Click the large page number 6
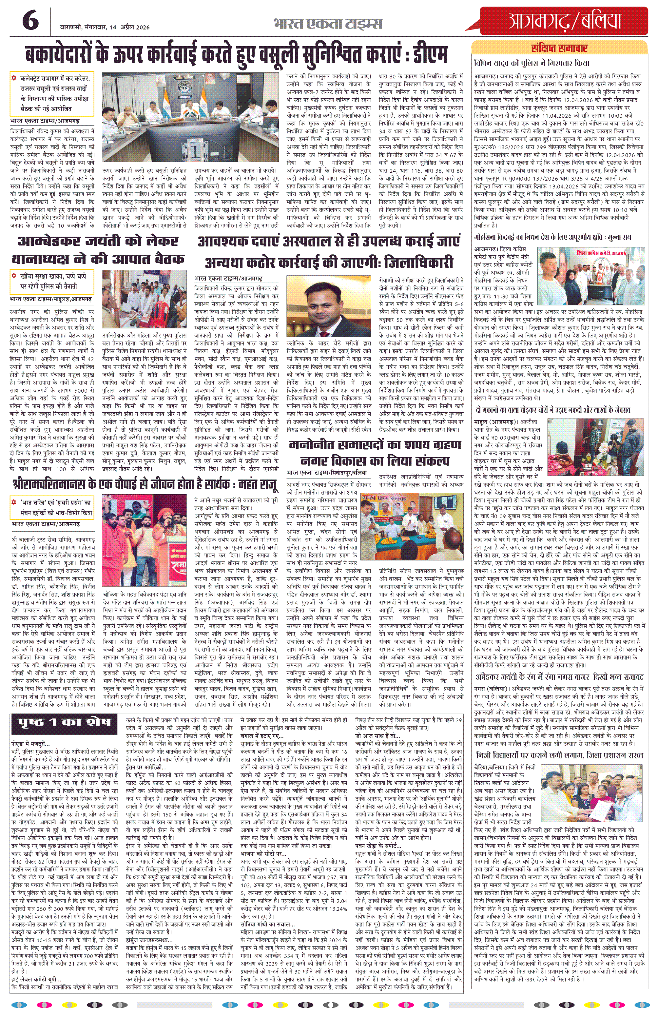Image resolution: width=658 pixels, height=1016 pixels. point(30,21)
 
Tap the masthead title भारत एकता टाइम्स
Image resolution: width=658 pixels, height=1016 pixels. point(328,24)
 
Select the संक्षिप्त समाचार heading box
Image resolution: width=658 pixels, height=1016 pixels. point(559,48)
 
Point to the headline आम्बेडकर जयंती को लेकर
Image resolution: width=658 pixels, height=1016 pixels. point(98,242)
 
